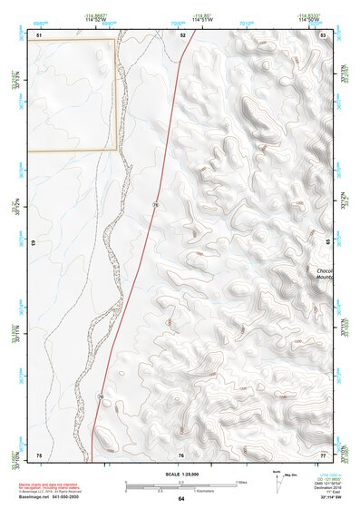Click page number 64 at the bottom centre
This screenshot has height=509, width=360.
tap(180, 498)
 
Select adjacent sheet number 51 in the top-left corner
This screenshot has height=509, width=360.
tap(39, 34)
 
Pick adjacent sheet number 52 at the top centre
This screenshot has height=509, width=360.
tap(182, 34)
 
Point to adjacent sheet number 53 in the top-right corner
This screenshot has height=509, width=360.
tap(323, 34)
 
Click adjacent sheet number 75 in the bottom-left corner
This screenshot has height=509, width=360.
tap(39, 454)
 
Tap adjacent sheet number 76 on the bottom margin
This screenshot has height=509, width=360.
tap(181, 454)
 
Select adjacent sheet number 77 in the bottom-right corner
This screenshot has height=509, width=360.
tap(323, 454)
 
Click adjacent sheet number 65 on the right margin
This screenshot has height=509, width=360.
tap(326, 243)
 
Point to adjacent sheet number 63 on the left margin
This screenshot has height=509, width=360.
tap(34, 243)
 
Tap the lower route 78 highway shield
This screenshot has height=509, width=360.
tap(100, 396)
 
